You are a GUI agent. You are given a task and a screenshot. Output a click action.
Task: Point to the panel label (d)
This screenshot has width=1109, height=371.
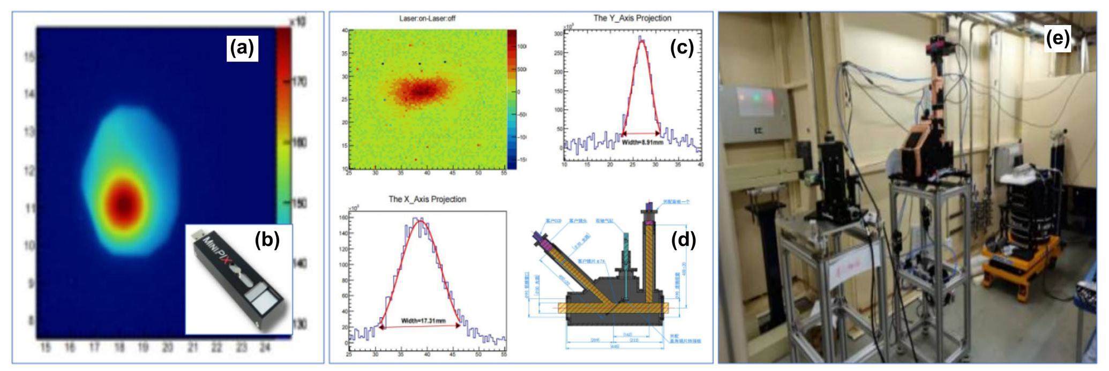684,241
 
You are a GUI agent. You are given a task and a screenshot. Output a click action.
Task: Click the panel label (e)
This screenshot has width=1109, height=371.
1058,39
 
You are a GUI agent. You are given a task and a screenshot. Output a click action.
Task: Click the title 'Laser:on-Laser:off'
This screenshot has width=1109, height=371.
427,19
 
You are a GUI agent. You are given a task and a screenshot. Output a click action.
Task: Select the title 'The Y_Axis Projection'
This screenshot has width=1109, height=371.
632,18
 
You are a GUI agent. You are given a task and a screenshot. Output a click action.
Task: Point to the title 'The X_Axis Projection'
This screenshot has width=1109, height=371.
427,199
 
